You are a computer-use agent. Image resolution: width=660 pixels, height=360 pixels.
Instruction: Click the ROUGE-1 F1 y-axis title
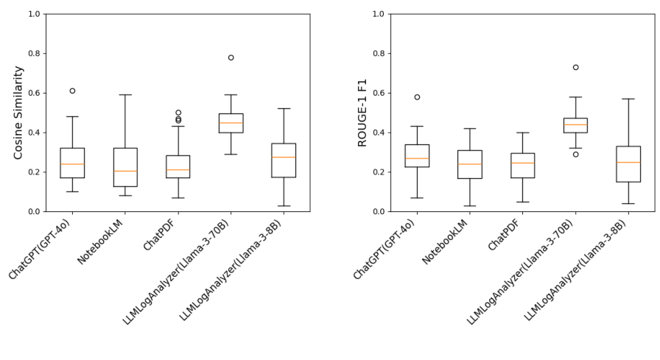[x=362, y=113]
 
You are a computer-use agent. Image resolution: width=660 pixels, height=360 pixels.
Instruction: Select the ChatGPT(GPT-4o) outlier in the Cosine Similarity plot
[x=72, y=91]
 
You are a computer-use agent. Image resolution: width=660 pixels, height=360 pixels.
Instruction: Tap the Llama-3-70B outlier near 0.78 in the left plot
[x=231, y=57]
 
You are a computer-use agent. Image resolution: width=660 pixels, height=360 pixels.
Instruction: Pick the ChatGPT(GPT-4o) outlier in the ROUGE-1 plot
[x=417, y=97]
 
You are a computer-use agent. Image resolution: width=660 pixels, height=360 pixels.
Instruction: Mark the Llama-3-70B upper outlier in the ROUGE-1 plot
[x=576, y=67]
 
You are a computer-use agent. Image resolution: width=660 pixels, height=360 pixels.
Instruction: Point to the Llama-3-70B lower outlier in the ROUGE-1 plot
[x=576, y=154]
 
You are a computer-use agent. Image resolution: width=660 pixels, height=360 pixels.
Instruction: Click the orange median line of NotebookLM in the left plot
[x=125, y=171]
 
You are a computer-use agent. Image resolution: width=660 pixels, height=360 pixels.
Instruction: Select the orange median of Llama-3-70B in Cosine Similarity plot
[x=231, y=123]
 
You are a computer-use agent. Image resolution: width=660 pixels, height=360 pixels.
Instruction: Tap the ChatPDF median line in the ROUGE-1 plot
[x=523, y=163]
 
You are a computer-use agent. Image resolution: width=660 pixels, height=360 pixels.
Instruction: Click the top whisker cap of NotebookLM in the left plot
[x=125, y=94]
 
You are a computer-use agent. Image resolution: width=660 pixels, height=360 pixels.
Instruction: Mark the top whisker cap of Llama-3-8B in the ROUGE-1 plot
[x=628, y=99]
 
